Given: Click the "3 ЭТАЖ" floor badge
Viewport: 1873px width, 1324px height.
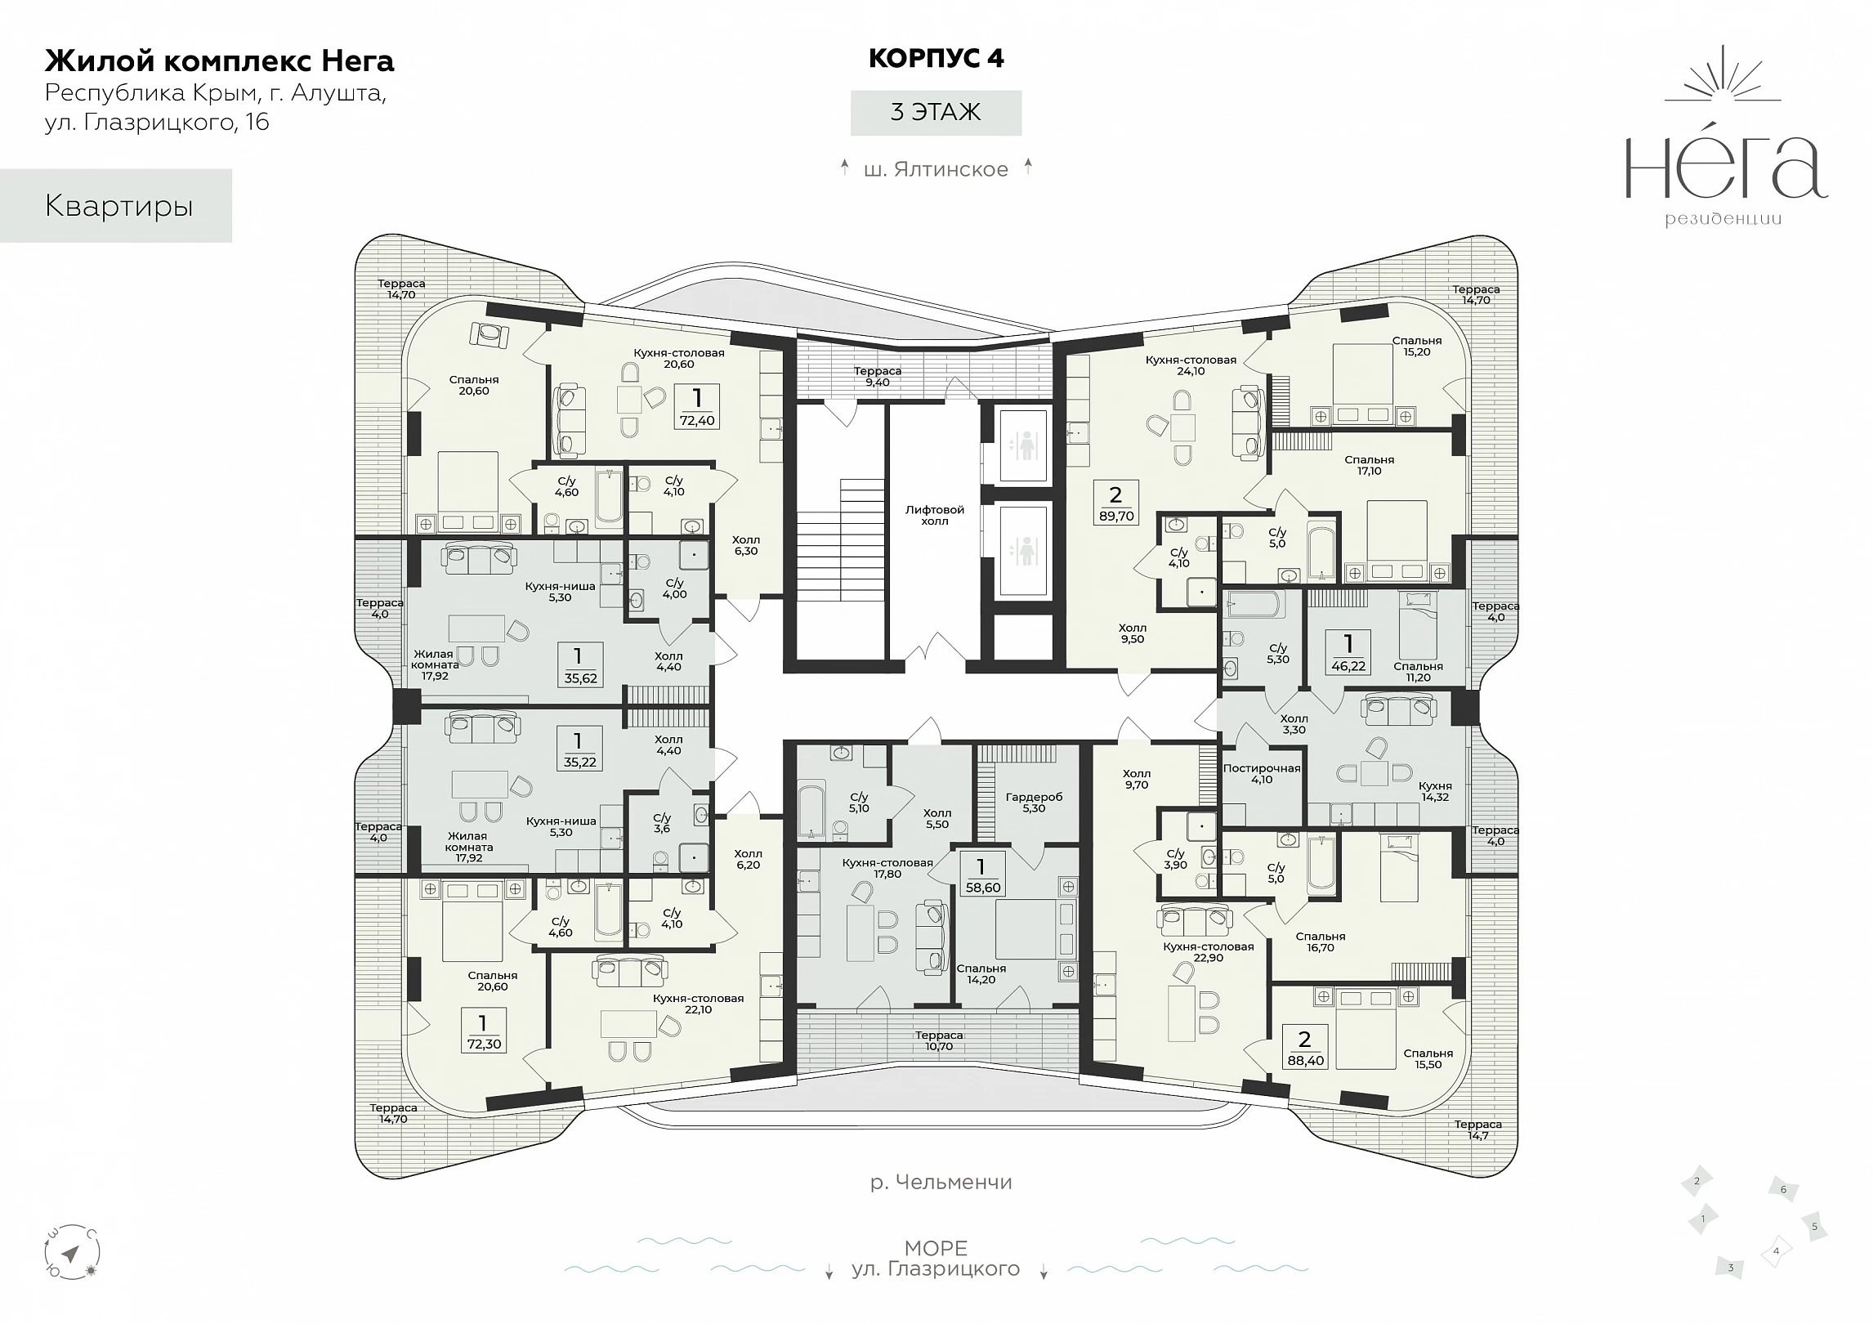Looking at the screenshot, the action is tap(936, 112).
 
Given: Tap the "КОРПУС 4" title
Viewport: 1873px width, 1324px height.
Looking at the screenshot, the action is tap(936, 59).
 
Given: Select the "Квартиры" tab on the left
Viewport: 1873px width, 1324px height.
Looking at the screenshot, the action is tap(116, 206).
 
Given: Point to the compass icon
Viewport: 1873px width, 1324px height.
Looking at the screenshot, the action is tap(71, 1253).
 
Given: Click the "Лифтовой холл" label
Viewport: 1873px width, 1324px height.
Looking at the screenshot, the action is tap(935, 515).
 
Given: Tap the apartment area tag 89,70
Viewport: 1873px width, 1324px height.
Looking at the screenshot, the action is tap(1115, 503).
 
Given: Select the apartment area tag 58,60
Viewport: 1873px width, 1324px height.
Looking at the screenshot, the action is tap(981, 874).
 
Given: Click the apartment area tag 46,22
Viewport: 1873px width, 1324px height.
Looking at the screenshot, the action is tap(1348, 652).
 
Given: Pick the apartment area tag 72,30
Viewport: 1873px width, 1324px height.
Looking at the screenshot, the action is tap(483, 1031).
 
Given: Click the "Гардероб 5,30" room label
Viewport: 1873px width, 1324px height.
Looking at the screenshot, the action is tap(1034, 803).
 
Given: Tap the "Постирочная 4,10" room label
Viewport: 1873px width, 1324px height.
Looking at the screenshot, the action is tap(1262, 774).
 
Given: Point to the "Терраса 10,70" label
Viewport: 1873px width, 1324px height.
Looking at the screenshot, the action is tap(939, 1041).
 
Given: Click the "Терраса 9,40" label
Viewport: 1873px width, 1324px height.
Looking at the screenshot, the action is tap(878, 377).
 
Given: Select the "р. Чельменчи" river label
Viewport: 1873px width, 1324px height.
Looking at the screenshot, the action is tap(941, 1182).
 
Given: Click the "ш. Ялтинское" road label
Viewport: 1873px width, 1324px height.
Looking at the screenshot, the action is tap(936, 169).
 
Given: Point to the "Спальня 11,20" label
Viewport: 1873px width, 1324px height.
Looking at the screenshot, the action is tap(1418, 672).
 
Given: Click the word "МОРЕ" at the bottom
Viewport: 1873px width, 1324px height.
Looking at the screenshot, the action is tap(936, 1248).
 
